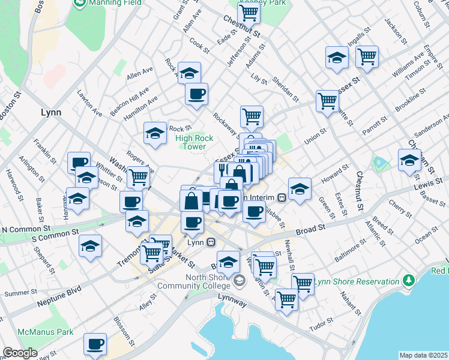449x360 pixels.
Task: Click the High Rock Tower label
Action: coord(194,142)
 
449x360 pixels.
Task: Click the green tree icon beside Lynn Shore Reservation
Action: coord(409,280)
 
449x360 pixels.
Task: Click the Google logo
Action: coord(20,353)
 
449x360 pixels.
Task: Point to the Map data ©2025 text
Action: coord(423,355)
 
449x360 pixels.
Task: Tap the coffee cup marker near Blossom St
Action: coord(95,344)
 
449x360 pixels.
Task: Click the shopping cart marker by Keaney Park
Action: coord(249,12)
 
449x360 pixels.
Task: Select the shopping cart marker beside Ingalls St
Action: coord(367,57)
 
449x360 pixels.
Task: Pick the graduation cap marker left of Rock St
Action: coord(155,133)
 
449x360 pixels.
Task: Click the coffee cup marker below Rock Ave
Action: coord(196,94)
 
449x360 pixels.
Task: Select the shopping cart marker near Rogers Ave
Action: coord(139,177)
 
